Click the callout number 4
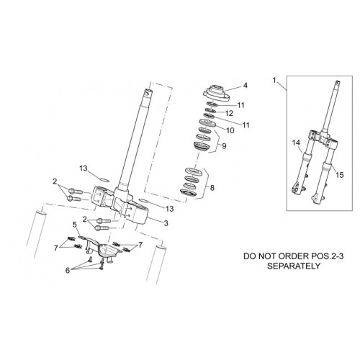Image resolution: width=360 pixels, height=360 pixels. pos(245,85)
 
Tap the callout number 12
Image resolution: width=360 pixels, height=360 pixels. pos(230,113)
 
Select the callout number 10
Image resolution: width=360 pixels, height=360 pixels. pos(230,130)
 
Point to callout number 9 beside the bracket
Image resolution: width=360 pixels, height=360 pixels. pos(224,146)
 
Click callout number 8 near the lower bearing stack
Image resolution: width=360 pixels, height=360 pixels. pos(212,188)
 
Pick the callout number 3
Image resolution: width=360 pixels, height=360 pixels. pos(166,223)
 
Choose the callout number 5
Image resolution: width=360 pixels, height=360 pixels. pos(75,225)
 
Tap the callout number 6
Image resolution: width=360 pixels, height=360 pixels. pos(68,271)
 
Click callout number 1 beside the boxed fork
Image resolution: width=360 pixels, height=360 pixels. pos(274,80)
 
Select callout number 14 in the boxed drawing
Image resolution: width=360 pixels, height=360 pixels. pos(296,143)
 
